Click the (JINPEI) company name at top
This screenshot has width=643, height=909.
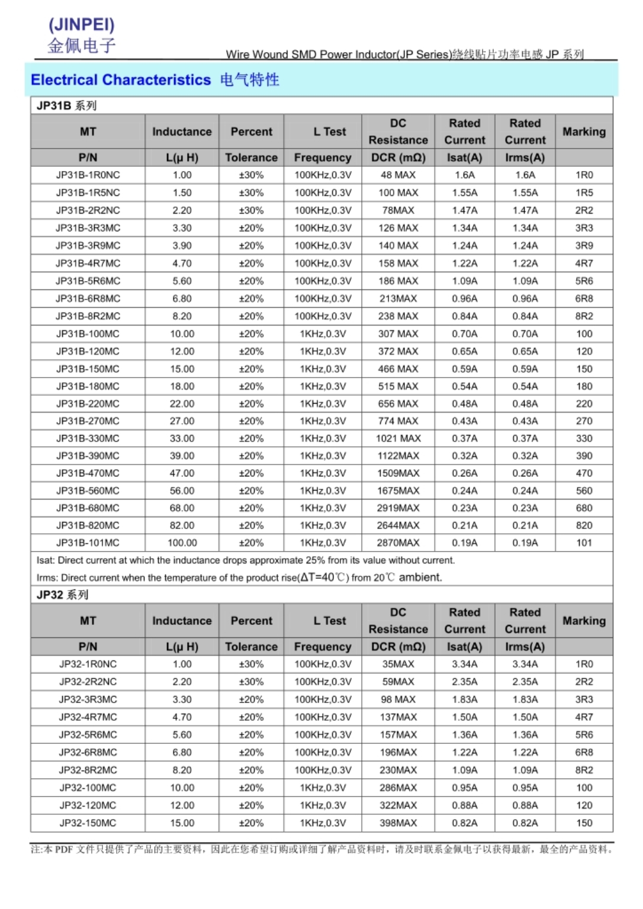pyautogui.click(x=82, y=24)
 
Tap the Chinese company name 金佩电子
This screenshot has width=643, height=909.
pyautogui.click(x=82, y=46)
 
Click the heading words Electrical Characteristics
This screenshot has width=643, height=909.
pyautogui.click(x=121, y=80)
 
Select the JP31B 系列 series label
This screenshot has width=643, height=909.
pyautogui.click(x=66, y=106)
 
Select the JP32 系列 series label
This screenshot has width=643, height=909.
pyautogui.click(x=62, y=595)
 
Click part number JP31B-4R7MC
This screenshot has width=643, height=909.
pyautogui.click(x=88, y=263)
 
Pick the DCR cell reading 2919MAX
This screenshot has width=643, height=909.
pyautogui.click(x=398, y=508)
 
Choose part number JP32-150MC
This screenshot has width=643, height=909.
pyautogui.click(x=88, y=823)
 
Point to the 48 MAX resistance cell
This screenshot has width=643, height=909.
pyautogui.click(x=398, y=175)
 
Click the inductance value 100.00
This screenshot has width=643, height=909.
pyautogui.click(x=182, y=543)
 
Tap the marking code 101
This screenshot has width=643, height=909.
pyautogui.click(x=584, y=543)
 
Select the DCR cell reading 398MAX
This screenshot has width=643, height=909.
pyautogui.click(x=398, y=823)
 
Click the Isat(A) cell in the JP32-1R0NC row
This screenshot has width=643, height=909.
pyautogui.click(x=464, y=664)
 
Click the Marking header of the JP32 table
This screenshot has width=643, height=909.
pyautogui.click(x=584, y=621)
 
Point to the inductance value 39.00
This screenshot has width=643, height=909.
pyautogui.click(x=182, y=456)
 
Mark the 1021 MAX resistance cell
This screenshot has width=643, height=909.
pyautogui.click(x=398, y=439)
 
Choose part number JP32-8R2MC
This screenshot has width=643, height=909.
pyautogui.click(x=88, y=770)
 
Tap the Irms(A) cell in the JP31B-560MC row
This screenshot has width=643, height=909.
pyautogui.click(x=525, y=491)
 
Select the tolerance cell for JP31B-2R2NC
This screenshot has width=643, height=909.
pyautogui.click(x=251, y=210)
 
